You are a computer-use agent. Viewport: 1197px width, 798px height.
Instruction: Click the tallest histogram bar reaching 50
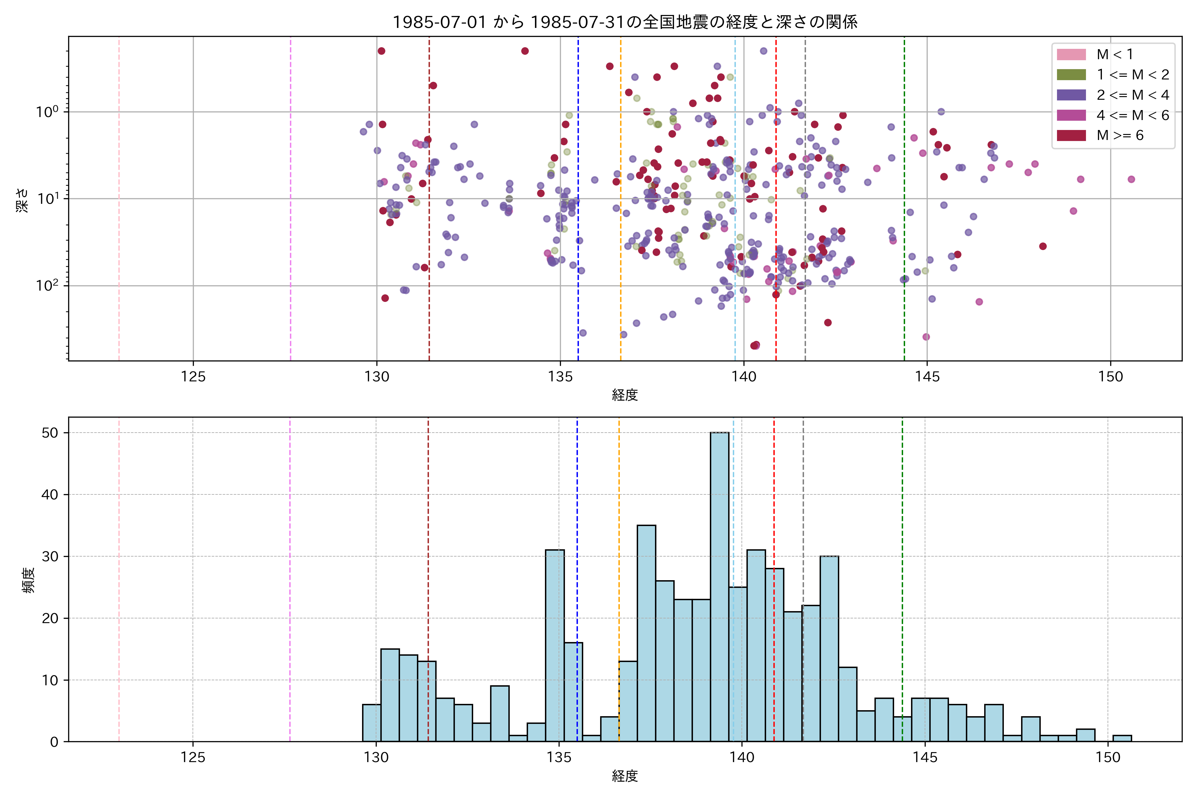click(720, 585)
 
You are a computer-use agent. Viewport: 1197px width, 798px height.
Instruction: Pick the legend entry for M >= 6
click(1120, 135)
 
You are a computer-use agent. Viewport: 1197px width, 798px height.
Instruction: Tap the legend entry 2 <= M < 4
click(1132, 95)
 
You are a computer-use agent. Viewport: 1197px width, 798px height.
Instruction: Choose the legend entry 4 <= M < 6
click(1132, 115)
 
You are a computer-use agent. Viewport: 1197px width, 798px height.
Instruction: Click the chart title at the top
click(625, 22)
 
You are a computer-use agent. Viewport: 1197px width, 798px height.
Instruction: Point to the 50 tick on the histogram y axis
click(50, 433)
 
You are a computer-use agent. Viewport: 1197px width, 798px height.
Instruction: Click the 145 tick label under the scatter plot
click(927, 377)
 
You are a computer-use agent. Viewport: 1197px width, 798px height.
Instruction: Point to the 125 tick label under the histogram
click(193, 758)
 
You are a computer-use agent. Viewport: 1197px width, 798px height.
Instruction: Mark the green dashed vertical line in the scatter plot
click(904, 203)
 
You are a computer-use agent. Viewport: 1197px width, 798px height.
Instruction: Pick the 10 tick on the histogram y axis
click(50, 680)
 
